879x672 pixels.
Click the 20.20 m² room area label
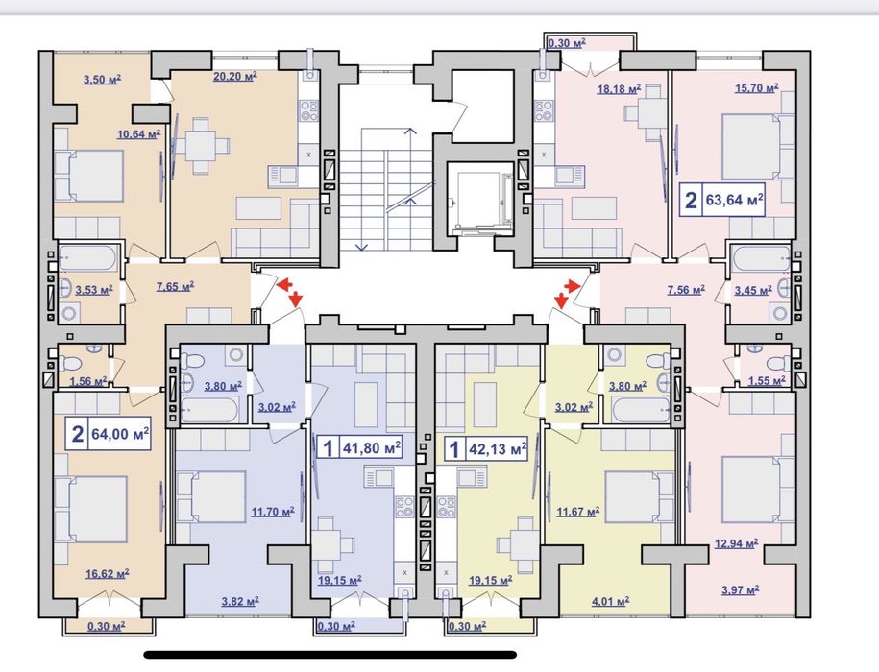tap(235, 76)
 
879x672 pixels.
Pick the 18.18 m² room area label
tap(619, 88)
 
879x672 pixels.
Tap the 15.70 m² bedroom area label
tap(757, 88)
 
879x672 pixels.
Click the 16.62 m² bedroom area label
tap(107, 574)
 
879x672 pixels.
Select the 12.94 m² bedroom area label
tap(736, 543)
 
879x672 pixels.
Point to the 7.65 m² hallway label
tap(175, 287)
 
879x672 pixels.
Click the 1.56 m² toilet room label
tap(88, 381)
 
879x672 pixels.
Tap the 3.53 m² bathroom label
tap(94, 290)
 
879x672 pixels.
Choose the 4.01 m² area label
tap(610, 602)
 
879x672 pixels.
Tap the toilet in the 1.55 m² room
tap(775, 361)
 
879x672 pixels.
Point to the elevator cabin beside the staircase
tap(480, 200)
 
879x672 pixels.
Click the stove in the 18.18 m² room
tap(543, 111)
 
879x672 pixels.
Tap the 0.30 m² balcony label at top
tap(567, 43)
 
